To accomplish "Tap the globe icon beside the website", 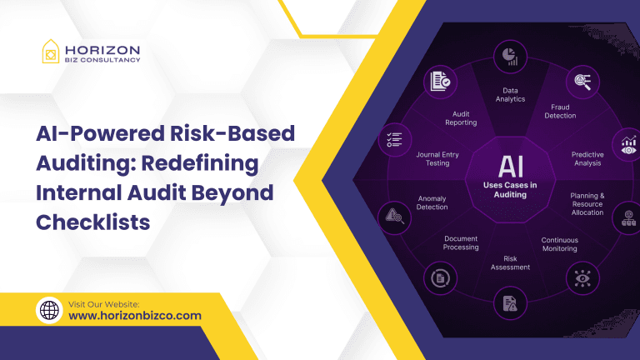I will point(50,311).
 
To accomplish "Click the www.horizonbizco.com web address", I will point(135,316).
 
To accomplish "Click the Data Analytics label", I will point(510,95).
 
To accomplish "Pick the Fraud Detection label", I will point(561,111).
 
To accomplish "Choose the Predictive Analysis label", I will point(587,158).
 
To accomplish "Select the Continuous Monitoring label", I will point(559,244).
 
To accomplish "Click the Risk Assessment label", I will point(510,262).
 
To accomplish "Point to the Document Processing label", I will point(461,242).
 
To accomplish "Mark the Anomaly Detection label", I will point(432,202).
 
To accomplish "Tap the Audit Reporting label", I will point(461,118).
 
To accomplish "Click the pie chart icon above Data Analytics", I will point(510,56).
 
